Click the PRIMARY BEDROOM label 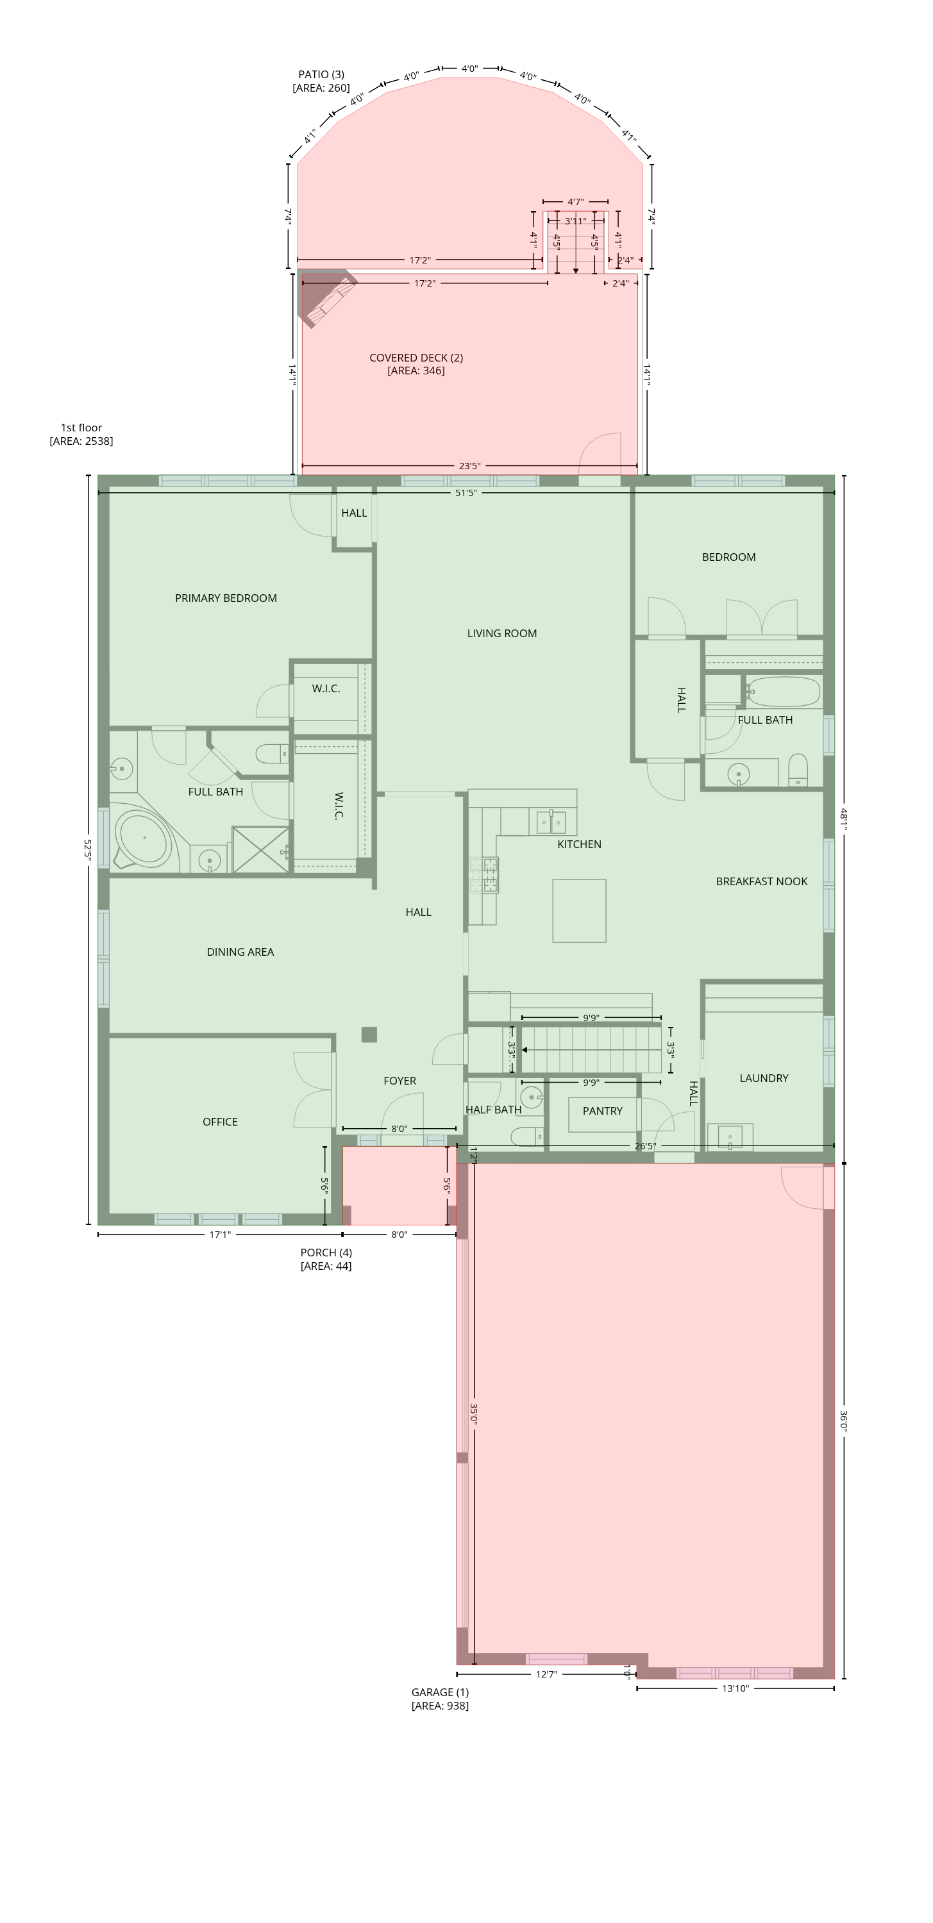tap(226, 598)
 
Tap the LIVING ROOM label tap(502, 633)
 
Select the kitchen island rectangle tap(579, 911)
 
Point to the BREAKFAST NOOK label tap(761, 881)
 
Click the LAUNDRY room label tap(764, 1078)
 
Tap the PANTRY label tap(602, 1111)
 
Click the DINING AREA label tap(240, 952)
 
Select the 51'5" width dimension tap(466, 493)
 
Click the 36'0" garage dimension tap(844, 1420)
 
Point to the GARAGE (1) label tap(440, 1692)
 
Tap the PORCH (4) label tap(326, 1253)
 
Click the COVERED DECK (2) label tap(416, 358)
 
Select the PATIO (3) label tap(321, 74)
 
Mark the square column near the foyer tap(369, 1035)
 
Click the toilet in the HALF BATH tap(526, 1136)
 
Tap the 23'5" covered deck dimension tap(469, 466)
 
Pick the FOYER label tap(399, 1081)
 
